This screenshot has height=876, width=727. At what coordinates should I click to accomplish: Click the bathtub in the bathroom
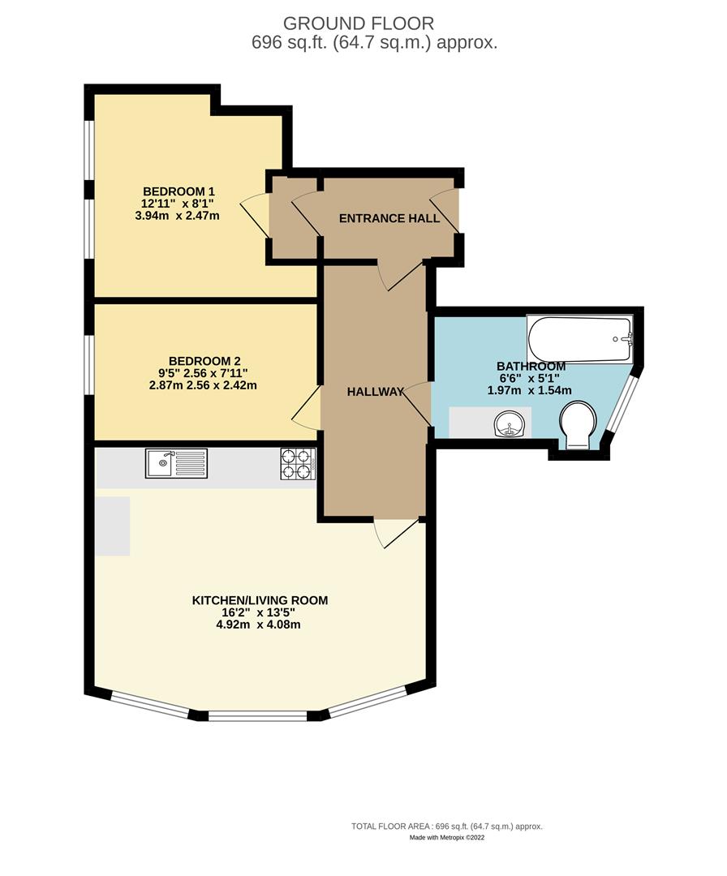[x=579, y=340]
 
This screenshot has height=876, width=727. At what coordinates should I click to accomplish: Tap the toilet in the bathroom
[x=579, y=424]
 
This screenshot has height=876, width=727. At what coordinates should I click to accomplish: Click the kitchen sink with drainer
[x=177, y=464]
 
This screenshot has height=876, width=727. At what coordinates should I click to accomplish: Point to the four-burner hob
[x=297, y=464]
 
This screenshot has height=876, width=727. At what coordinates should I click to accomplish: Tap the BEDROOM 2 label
[x=204, y=361]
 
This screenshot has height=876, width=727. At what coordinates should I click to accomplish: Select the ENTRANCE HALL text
[x=389, y=218]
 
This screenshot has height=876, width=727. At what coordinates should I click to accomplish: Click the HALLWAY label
[x=376, y=392]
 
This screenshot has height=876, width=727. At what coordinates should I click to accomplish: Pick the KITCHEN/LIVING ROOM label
[x=260, y=600]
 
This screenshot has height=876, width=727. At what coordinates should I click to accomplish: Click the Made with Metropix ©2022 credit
[x=446, y=838]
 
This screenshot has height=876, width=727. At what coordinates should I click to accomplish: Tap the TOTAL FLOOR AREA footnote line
[x=446, y=826]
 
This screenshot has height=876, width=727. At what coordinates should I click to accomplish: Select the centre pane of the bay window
[x=258, y=716]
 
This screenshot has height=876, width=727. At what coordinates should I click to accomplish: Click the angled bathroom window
[x=623, y=406]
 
